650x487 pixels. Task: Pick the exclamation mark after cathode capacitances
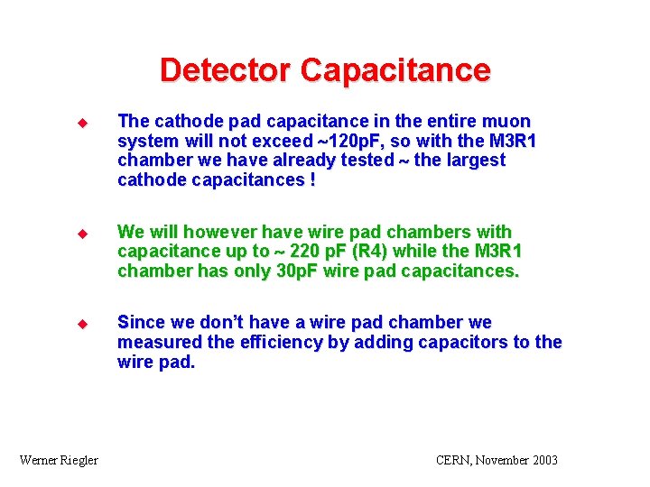pyautogui.click(x=312, y=180)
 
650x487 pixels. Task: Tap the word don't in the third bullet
pyautogui.click(x=224, y=322)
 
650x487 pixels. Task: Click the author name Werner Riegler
pyautogui.click(x=59, y=460)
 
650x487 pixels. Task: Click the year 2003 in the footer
pyautogui.click(x=543, y=460)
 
